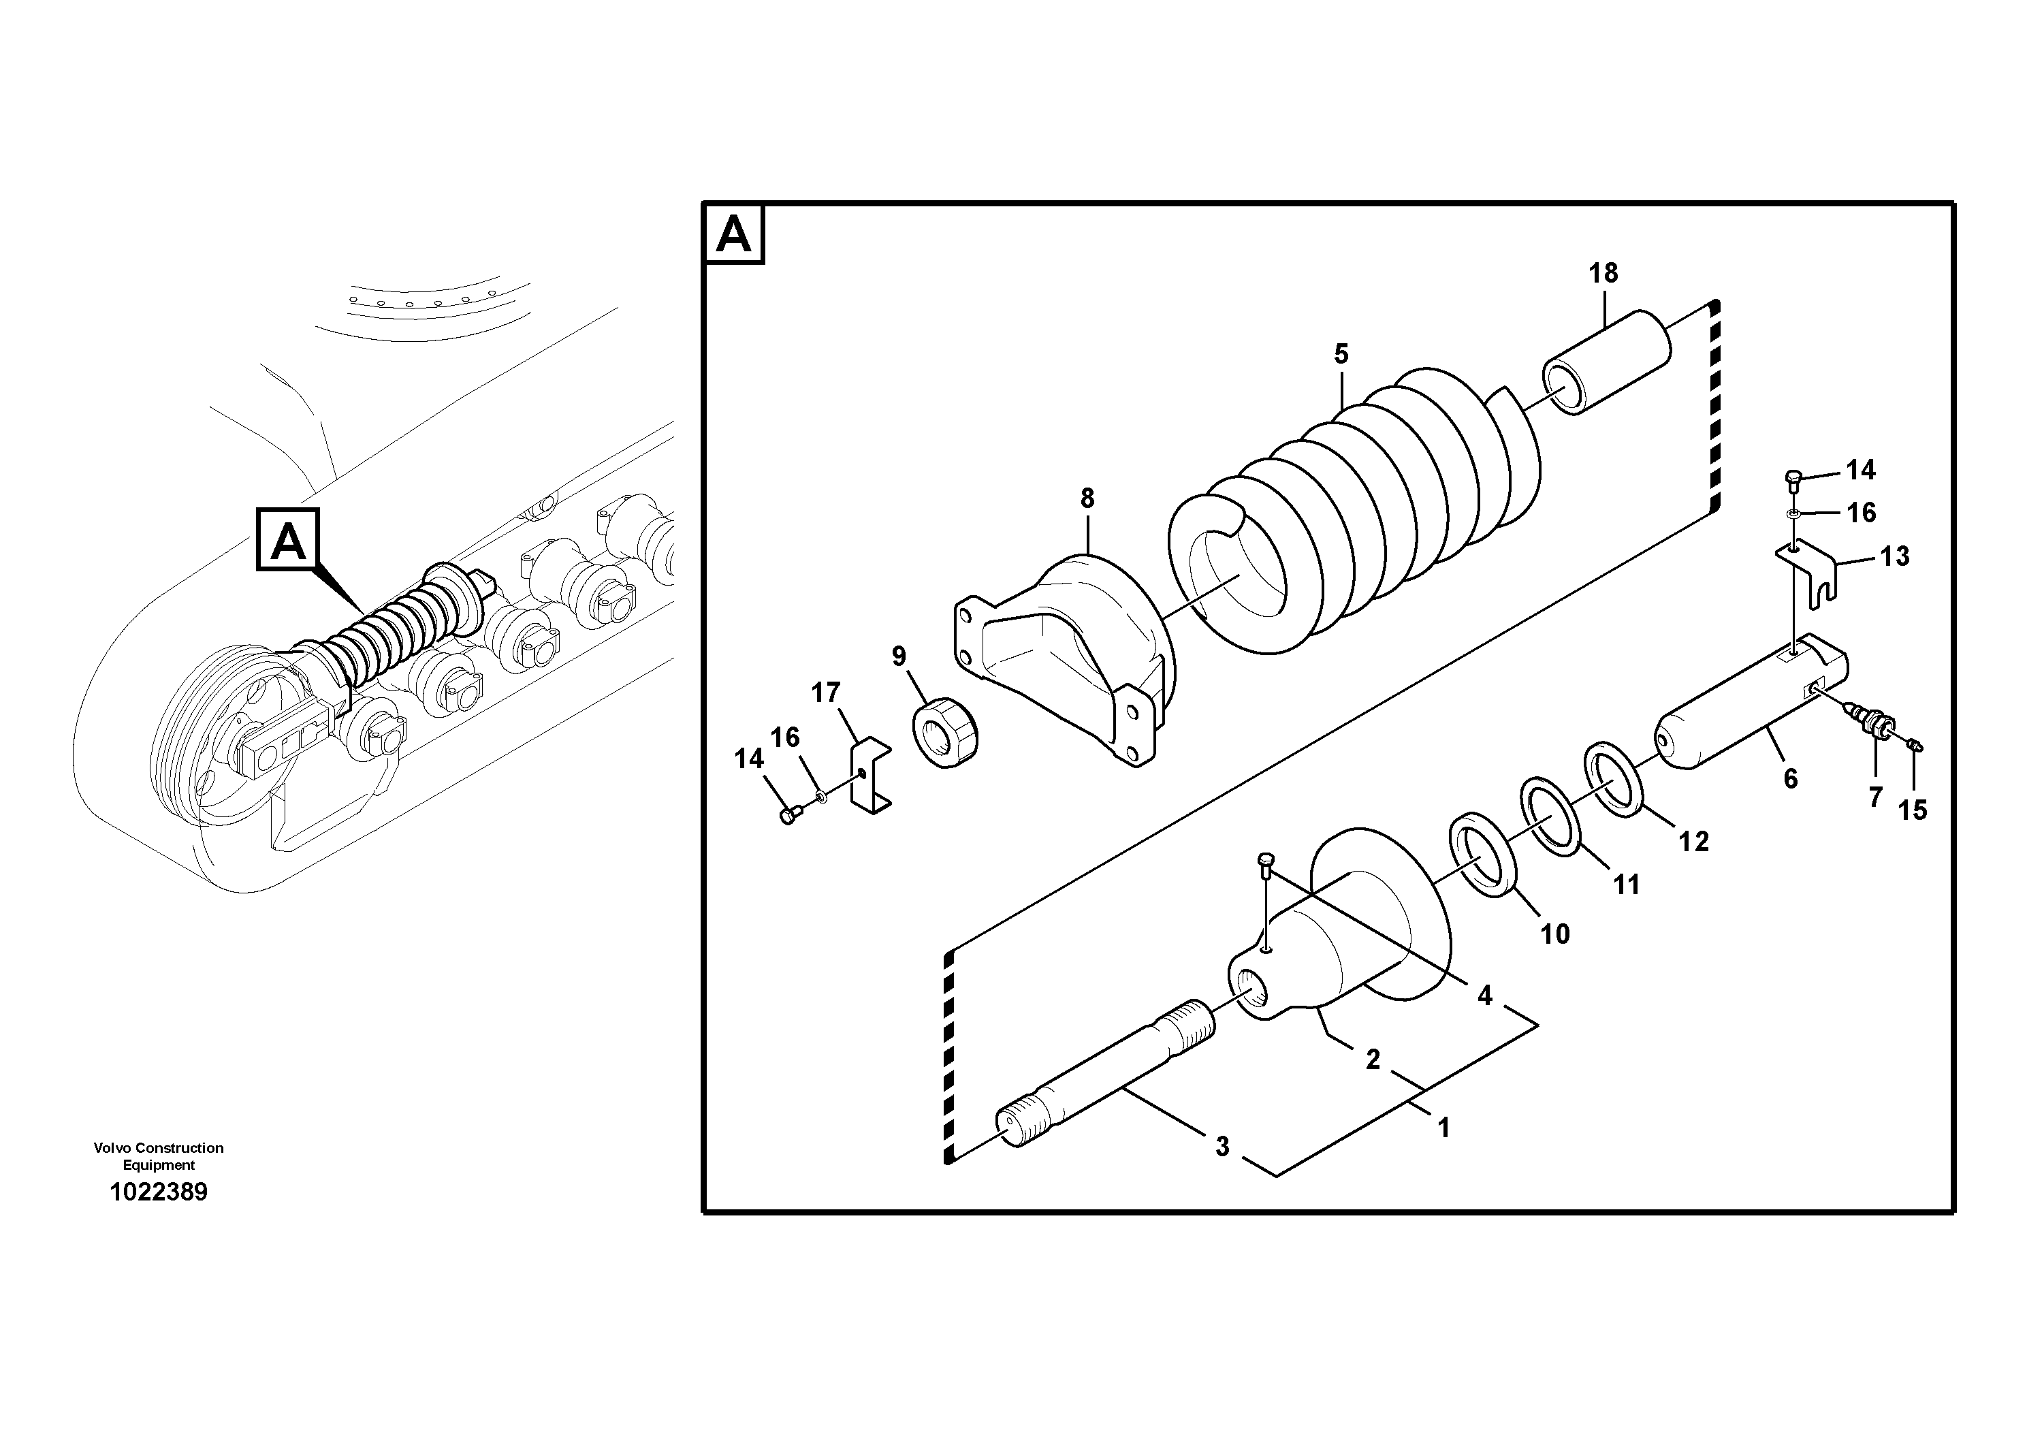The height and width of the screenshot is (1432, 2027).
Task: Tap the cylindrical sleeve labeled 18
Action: click(x=1606, y=362)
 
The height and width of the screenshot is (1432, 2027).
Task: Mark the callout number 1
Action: click(x=1443, y=1128)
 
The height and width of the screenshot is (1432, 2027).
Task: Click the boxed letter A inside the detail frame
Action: click(x=733, y=235)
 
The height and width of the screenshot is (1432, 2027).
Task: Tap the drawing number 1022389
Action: click(x=158, y=1192)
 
